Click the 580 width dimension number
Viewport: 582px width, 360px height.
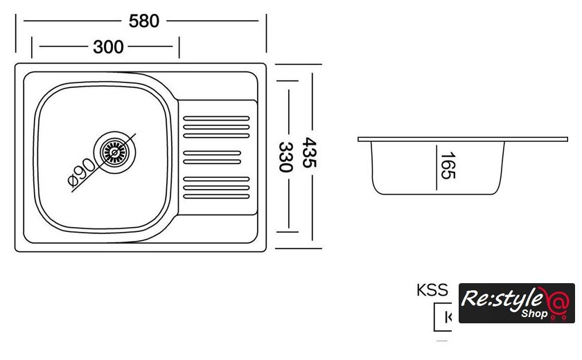coord(144,21)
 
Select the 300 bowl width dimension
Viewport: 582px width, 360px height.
coord(108,47)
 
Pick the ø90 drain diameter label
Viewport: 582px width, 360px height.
coord(82,173)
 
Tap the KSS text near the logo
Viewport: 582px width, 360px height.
coord(432,291)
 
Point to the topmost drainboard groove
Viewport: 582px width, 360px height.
coord(215,118)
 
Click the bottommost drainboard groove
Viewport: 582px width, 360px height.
coord(215,195)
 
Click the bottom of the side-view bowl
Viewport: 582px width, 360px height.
coord(436,194)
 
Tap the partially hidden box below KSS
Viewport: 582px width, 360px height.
coord(443,317)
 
